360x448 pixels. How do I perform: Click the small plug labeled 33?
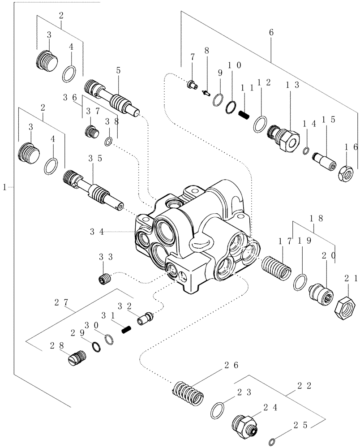(104, 280)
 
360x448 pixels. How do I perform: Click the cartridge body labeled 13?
(284, 136)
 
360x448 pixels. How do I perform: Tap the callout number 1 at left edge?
(5, 186)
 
